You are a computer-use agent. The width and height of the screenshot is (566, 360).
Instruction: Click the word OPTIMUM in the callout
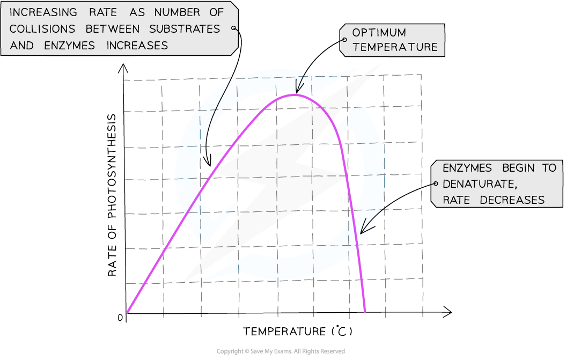coord(379,33)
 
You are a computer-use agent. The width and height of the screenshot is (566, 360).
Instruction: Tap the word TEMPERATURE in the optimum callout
coord(395,47)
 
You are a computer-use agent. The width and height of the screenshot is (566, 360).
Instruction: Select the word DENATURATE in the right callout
coord(480,184)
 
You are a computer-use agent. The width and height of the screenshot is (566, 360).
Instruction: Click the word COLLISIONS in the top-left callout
coord(42,29)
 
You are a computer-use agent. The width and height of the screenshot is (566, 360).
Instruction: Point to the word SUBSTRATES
coord(185,29)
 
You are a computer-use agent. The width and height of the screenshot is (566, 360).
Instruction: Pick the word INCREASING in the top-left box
coord(43,12)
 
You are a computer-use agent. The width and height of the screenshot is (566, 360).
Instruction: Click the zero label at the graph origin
coord(120,318)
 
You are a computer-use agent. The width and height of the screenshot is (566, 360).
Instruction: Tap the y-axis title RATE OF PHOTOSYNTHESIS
coord(112,195)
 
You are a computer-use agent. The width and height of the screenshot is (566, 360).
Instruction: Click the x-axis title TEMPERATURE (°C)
coord(297,331)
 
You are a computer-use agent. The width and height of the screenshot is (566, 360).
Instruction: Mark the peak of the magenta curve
coord(295,94)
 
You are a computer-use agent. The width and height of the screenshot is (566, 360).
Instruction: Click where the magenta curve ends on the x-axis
coord(365,312)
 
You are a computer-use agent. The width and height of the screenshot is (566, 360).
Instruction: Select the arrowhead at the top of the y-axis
coord(123,68)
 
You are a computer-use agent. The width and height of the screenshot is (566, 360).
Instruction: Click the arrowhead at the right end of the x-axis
coord(447,312)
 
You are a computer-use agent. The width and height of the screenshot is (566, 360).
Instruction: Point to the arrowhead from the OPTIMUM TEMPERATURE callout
coord(297,89)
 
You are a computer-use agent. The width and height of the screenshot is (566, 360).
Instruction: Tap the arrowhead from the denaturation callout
coord(365,229)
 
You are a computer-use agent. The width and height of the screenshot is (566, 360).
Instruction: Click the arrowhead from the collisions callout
coord(207,160)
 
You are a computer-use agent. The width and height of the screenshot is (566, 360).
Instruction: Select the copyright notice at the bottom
coord(281,351)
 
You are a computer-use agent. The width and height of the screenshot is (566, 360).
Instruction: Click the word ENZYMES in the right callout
coord(467,168)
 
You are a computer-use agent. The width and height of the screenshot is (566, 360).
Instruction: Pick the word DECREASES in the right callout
coord(512,200)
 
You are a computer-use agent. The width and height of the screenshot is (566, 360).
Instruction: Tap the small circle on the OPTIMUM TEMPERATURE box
coord(344,40)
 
